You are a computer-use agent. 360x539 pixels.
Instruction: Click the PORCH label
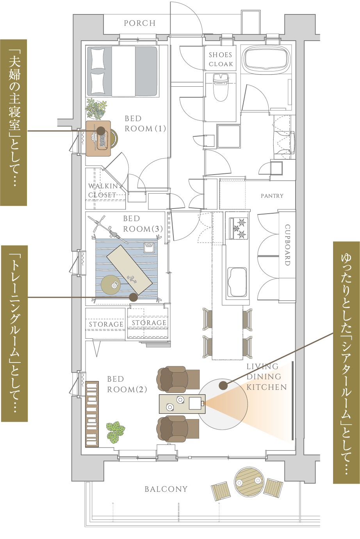pyautogui.click(x=139, y=23)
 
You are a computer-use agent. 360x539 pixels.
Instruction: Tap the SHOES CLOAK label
pyautogui.click(x=221, y=59)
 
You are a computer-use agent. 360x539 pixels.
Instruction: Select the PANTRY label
pyautogui.click(x=272, y=196)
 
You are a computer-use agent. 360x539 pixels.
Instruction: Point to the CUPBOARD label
pyautogui.click(x=287, y=245)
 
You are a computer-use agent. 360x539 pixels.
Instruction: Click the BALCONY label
pyautogui.click(x=166, y=489)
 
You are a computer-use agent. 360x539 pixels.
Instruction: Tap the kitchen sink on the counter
pyautogui.click(x=237, y=282)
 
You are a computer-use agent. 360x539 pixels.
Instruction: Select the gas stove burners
pyautogui.click(x=239, y=228)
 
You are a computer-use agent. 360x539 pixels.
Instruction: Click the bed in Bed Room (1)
pyautogui.click(x=123, y=71)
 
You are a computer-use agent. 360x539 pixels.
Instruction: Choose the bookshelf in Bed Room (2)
pyautogui.click(x=92, y=414)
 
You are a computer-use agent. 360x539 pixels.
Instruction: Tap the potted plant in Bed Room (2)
pyautogui.click(x=116, y=431)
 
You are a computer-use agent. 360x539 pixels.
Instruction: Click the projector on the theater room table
pyautogui.click(x=196, y=403)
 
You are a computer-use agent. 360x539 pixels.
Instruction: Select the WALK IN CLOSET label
pyautogui.click(x=103, y=190)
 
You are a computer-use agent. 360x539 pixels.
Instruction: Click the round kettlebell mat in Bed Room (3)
pyautogui.click(x=114, y=284)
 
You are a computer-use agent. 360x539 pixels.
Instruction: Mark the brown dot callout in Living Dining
pyautogui.click(x=223, y=386)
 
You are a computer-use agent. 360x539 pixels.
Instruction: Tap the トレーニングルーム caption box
pyautogui.click(x=14, y=333)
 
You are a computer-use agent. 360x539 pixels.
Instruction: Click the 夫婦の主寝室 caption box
pyautogui.click(x=13, y=122)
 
